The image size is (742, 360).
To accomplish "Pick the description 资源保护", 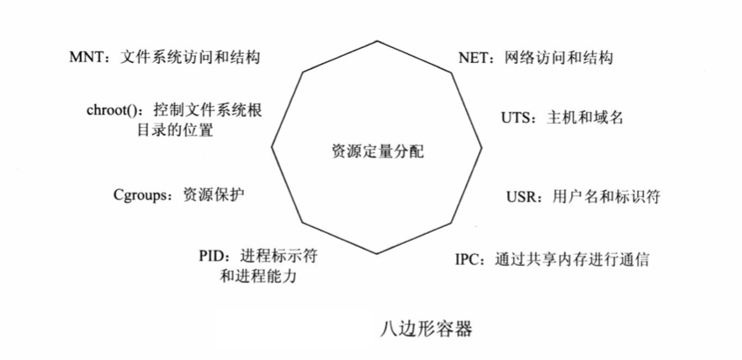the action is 215,194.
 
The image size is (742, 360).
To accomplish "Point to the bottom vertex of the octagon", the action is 376,252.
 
